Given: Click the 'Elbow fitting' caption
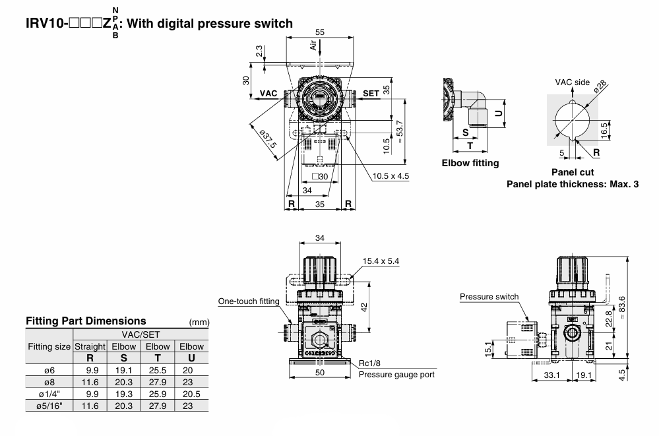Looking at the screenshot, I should coord(470,163).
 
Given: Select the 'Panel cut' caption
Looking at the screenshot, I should coord(572,172).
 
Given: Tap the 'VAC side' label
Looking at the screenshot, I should coord(572,82).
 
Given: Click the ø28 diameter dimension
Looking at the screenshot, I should coord(600,88).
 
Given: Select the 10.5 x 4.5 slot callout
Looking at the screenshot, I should coord(391,176).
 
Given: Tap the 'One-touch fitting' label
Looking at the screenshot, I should coord(249,301).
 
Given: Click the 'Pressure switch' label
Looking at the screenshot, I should coord(489,297).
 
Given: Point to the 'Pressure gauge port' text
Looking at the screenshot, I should coord(396,375).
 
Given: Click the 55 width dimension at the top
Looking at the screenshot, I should coord(320,32).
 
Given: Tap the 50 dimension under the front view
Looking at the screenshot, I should coord(321,373).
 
